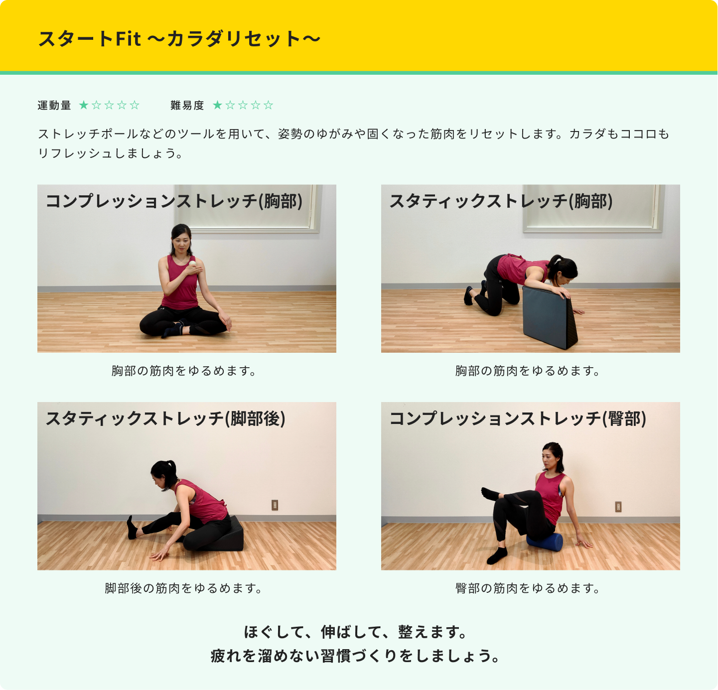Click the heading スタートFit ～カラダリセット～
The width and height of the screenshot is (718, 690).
tap(179, 39)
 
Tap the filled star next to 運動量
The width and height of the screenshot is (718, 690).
tap(84, 105)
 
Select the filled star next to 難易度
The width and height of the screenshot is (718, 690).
tap(217, 105)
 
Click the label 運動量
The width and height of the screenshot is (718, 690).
tap(54, 105)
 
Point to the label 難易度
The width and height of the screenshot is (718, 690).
tap(187, 105)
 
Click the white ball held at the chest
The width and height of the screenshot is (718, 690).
tap(192, 265)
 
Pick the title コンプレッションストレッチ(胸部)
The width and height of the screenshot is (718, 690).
tap(174, 201)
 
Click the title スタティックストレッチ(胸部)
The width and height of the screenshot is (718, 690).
tap(501, 201)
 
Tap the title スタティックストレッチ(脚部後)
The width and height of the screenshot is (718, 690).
tap(165, 418)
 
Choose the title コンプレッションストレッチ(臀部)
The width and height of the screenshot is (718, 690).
tap(518, 418)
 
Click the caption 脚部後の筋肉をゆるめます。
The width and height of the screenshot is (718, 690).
tap(183, 588)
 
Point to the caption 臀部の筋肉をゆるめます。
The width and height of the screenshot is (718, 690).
tap(528, 588)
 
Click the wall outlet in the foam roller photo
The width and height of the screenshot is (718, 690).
tap(618, 507)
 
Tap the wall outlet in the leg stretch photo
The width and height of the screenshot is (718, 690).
tap(275, 505)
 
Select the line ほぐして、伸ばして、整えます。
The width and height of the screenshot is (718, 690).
tap(356, 632)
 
